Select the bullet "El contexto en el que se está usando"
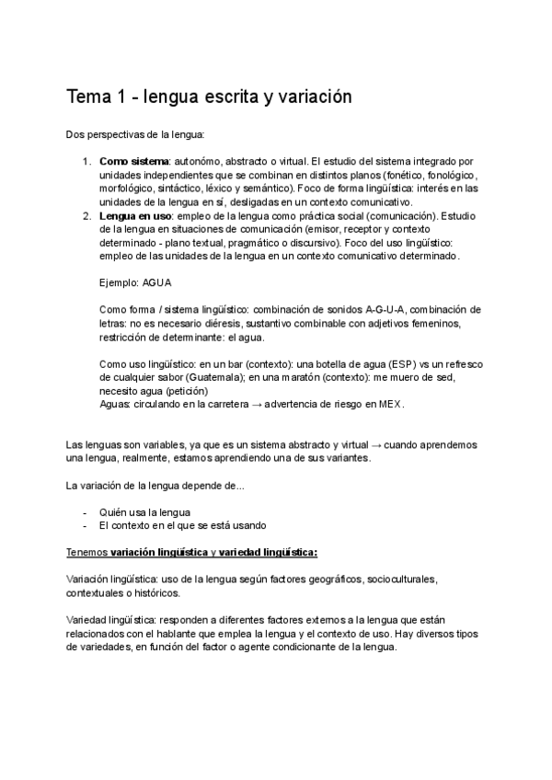(x=183, y=525)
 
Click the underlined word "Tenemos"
(x=87, y=552)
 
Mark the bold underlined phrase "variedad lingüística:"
(x=268, y=552)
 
